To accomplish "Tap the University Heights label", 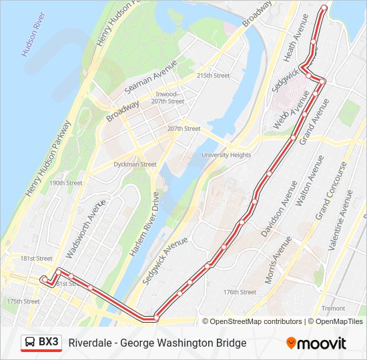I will coord(226,155).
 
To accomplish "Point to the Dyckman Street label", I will coord(135,164).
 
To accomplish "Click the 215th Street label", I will coord(213,76).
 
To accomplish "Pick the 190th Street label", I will coord(65,183).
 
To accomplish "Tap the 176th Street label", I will coord(240,292).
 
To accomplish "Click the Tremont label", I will coord(333,309).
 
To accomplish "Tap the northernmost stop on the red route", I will coord(324,8).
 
